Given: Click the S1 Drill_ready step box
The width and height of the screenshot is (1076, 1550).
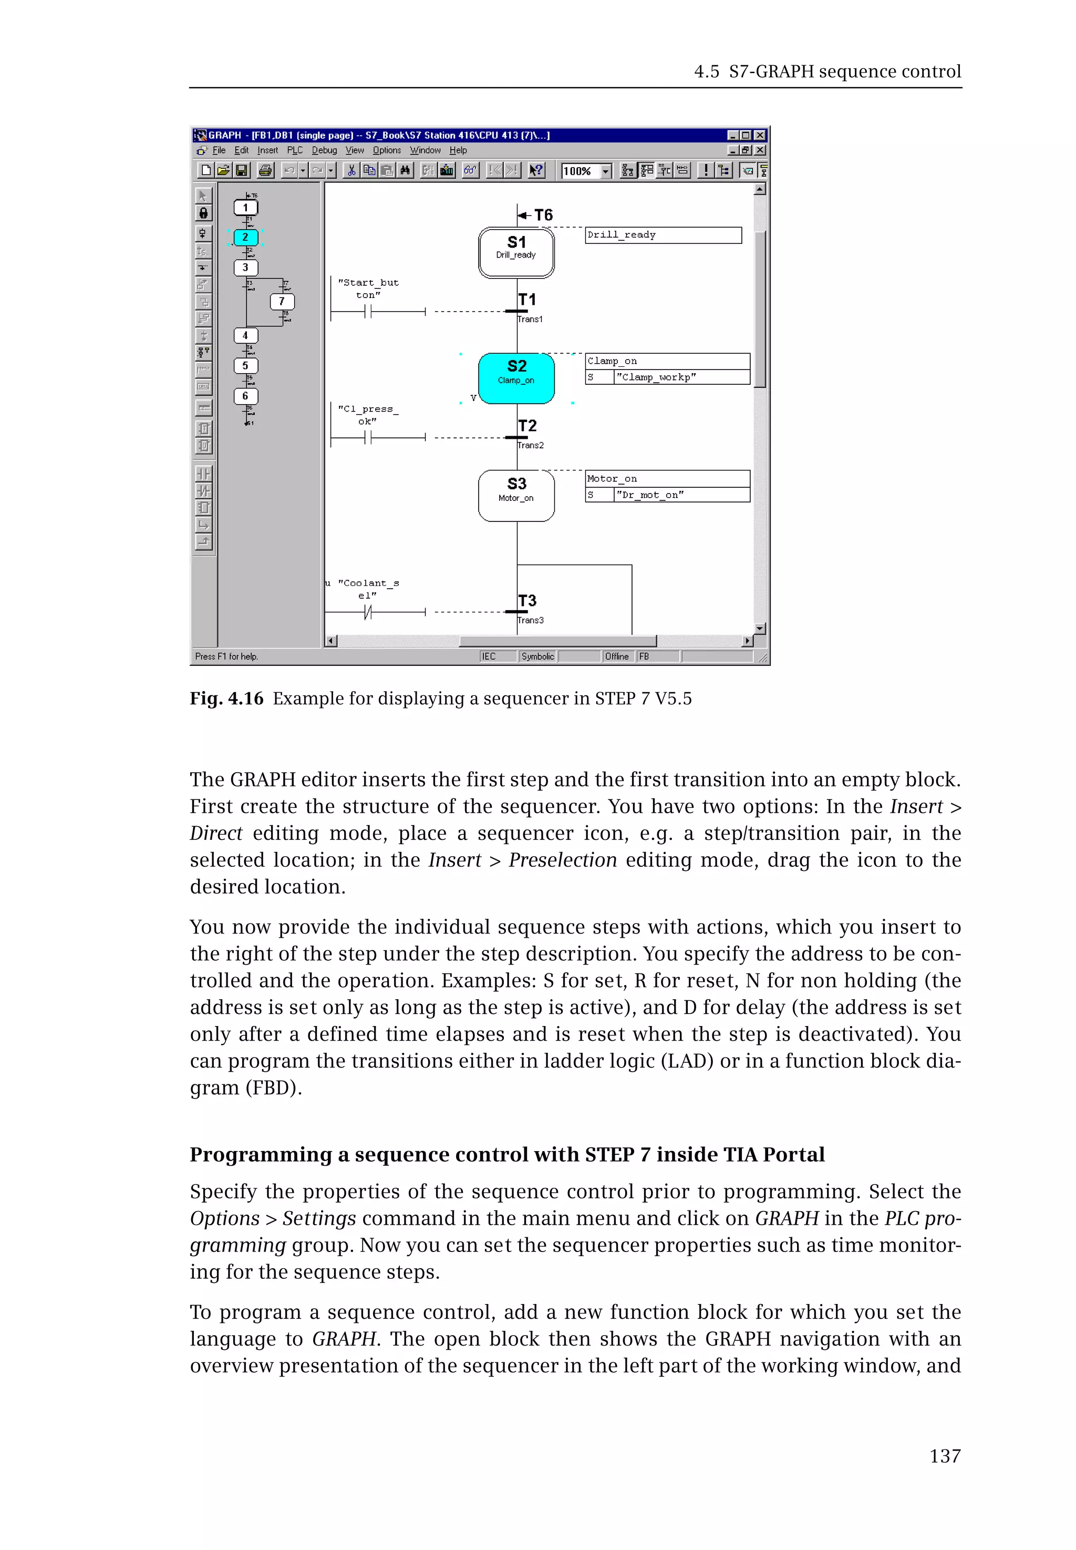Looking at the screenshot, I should tap(516, 252).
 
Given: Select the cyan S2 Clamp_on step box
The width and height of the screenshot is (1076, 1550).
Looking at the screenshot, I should tap(516, 378).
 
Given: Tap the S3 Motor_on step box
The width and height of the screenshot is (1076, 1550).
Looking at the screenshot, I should tap(516, 496).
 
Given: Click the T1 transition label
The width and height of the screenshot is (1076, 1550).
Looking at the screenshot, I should tap(527, 300).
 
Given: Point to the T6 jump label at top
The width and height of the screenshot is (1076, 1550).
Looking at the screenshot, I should tap(543, 215).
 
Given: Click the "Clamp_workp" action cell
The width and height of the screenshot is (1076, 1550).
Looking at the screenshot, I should tap(681, 377).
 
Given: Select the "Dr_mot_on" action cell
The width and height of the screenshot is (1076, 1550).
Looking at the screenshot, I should tap(681, 495).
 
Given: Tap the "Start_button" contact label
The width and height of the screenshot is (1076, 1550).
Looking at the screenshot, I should tap(368, 289).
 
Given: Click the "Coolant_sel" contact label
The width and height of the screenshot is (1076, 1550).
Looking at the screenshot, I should tap(368, 589).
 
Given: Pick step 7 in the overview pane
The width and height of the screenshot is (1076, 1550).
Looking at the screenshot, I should tap(282, 302).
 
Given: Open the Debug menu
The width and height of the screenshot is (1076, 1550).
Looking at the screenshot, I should tap(324, 150).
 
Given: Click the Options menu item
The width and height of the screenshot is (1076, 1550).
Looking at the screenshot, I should tap(387, 150).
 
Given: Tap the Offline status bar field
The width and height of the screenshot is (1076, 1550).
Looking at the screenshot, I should tap(617, 656).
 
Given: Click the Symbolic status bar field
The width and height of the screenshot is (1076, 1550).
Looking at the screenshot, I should tap(537, 656).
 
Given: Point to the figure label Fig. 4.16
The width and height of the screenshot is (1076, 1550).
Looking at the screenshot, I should tap(226, 698).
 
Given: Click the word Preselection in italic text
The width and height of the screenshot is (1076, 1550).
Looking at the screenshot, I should tap(562, 860).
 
